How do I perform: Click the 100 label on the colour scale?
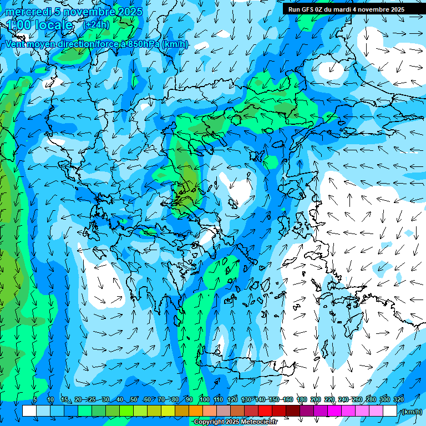205,399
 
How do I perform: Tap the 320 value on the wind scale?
398,399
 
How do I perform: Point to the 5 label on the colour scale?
35,399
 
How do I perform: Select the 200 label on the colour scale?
316,399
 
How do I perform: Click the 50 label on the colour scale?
134,399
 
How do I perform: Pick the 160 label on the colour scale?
288,399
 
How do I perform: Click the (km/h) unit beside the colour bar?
412,412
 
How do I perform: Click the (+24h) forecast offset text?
97,24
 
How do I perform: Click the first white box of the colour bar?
29,411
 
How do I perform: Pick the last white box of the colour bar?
390,411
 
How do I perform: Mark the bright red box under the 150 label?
265,411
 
